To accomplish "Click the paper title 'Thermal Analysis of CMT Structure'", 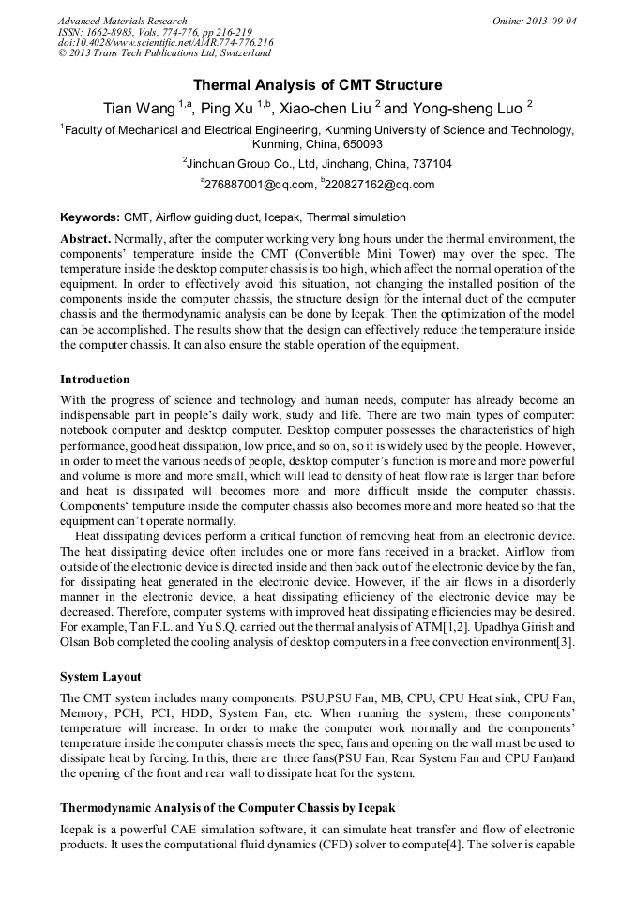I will point(317,85).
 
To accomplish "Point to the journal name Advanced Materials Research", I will point(122,21).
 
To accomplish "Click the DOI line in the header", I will point(165,43).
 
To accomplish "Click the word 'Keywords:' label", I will point(90,217).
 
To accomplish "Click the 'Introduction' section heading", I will point(95,380).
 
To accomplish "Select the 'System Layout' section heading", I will point(102,676).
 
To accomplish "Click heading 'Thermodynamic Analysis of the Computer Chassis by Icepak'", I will point(228,807).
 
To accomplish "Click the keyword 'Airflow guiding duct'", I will point(209,217).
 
